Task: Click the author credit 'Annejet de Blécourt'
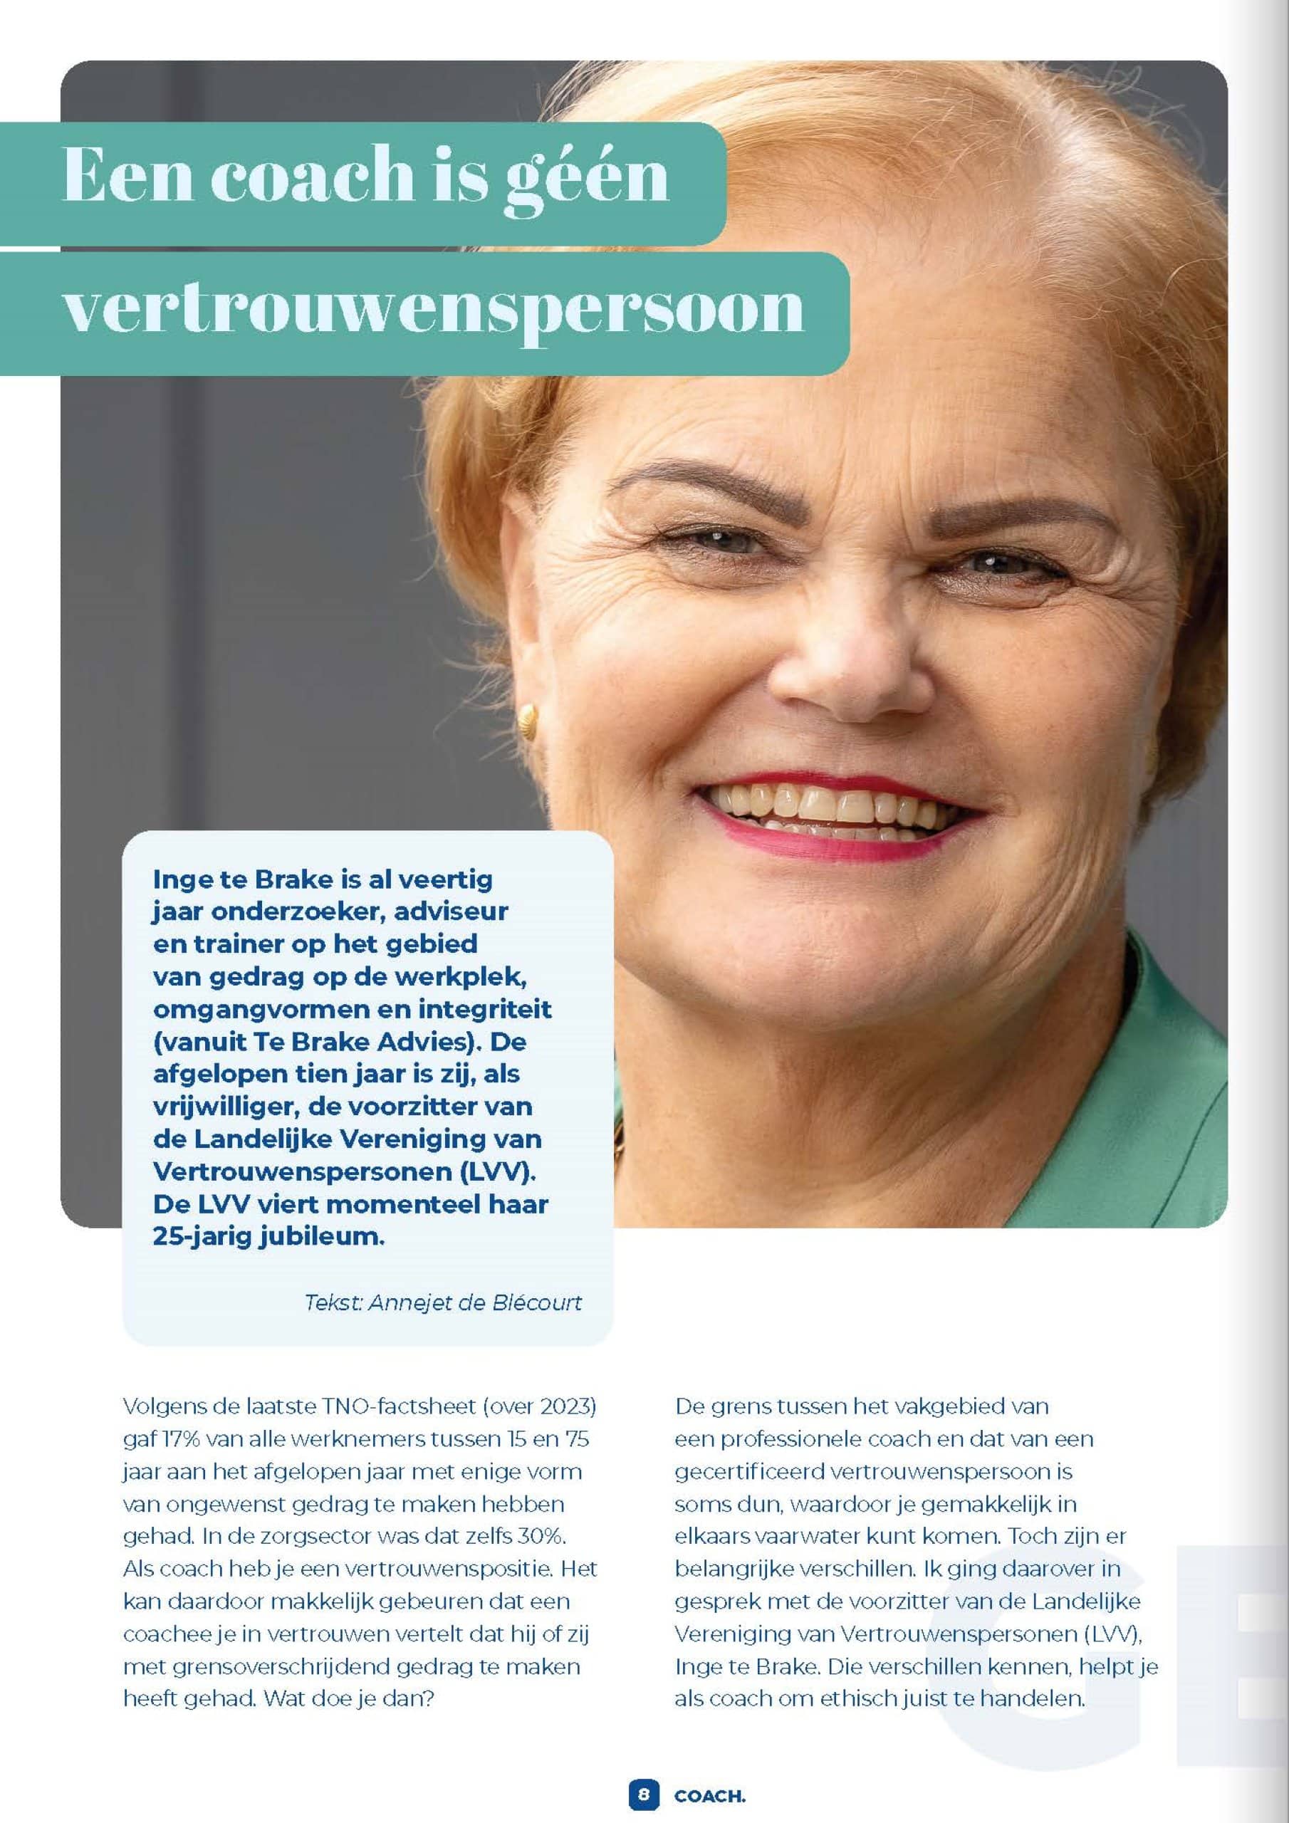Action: (474, 1303)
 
